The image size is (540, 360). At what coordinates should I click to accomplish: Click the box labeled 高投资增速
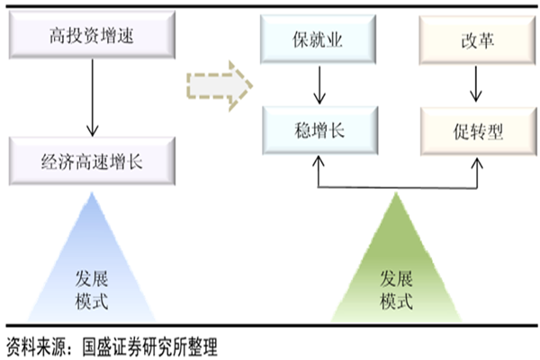(88, 36)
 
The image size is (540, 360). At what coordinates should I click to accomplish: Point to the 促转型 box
(474, 129)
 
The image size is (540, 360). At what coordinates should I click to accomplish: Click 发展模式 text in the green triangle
(397, 289)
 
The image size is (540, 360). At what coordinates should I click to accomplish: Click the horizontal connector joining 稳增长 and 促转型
(396, 187)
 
